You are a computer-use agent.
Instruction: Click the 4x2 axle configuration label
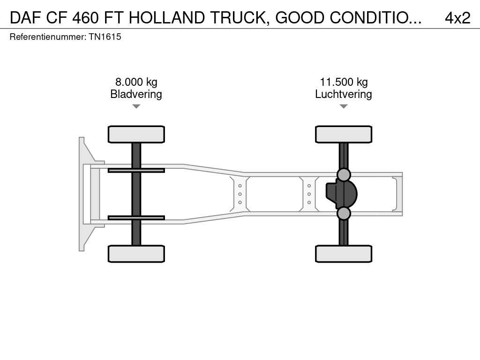click(x=457, y=18)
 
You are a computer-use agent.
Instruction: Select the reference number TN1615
click(x=105, y=37)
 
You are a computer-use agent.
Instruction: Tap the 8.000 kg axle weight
click(x=136, y=82)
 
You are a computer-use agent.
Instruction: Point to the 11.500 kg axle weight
click(x=344, y=82)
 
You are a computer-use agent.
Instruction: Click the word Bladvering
click(x=136, y=94)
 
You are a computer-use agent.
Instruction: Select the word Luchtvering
click(x=344, y=94)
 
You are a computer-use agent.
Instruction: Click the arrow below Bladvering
click(x=136, y=106)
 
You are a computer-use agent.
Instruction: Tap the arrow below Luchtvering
click(x=344, y=106)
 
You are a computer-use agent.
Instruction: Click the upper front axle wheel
click(x=136, y=135)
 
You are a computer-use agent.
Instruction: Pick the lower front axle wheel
click(x=136, y=254)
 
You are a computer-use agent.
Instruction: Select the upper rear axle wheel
click(x=344, y=135)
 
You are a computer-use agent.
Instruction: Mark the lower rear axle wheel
click(x=344, y=254)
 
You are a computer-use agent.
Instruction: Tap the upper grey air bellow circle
click(x=344, y=175)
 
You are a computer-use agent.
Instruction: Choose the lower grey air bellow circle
click(x=344, y=213)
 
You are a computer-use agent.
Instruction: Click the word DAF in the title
click(x=25, y=18)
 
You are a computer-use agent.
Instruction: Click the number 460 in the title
click(x=86, y=18)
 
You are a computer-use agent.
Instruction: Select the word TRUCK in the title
click(x=240, y=18)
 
